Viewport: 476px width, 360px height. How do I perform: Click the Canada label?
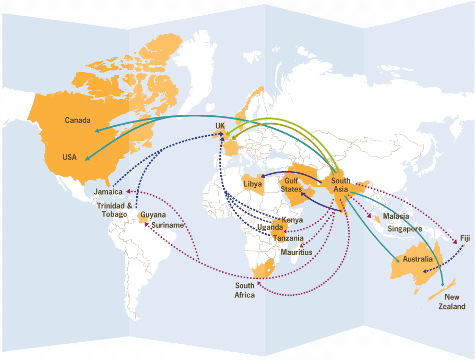pos(77,121)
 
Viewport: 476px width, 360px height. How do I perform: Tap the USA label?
pos(70,157)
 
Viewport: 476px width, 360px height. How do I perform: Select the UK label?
pos(220,126)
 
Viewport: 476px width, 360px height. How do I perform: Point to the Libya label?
pos(253,184)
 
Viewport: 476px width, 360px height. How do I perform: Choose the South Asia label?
pos(341,185)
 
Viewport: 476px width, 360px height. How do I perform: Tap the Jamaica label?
pos(108,192)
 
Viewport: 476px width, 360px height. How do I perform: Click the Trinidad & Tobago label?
pos(114,210)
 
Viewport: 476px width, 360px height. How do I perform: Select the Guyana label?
pos(153,215)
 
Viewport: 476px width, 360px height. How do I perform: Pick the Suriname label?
pos(168,225)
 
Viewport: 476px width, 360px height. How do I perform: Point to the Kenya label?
pos(292,220)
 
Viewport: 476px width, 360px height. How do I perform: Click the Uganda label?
pos(270,227)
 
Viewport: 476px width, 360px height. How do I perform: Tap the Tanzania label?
pos(288,238)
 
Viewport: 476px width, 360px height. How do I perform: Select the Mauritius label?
pos(296,253)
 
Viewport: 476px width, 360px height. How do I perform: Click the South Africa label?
pos(245,291)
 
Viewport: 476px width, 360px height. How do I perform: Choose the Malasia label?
pos(396,217)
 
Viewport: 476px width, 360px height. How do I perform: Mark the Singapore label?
pos(405,229)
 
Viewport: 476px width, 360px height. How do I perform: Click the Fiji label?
pos(465,238)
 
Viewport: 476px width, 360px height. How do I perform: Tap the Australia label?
pos(418,259)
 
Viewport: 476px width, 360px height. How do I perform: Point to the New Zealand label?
pos(451,302)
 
